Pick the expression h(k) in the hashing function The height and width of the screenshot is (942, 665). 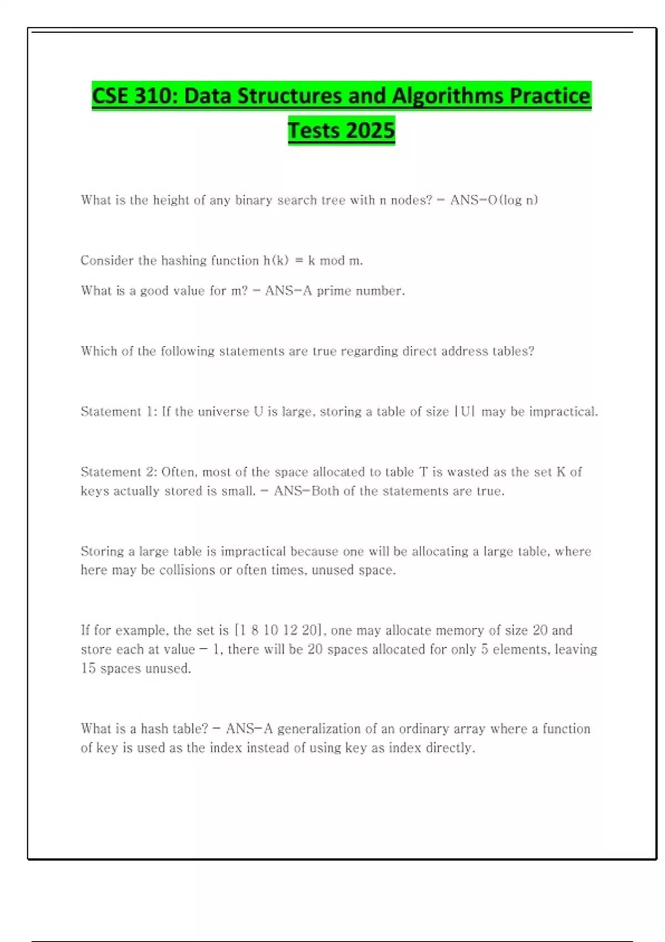tap(276, 260)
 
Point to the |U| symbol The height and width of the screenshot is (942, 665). tap(464, 412)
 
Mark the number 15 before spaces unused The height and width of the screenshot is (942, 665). tap(88, 668)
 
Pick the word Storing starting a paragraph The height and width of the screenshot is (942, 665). tap(102, 551)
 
